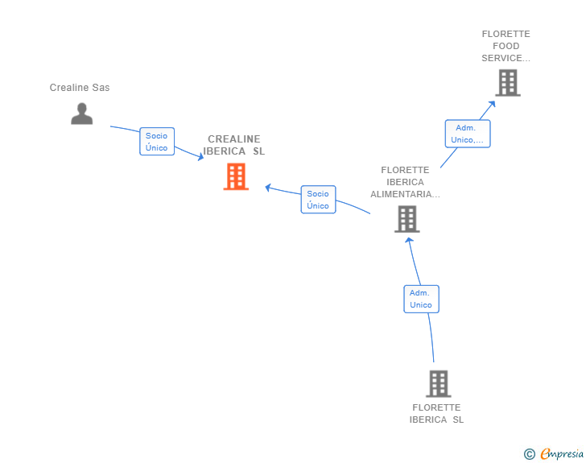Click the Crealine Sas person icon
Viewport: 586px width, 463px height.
[82, 114]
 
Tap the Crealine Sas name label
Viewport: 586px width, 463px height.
[80, 88]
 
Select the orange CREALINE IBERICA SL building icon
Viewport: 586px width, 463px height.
[236, 176]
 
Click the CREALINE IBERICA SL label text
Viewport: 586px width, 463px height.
[234, 145]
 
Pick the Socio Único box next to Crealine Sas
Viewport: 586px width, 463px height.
[157, 142]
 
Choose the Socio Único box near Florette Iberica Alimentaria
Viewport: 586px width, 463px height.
[319, 200]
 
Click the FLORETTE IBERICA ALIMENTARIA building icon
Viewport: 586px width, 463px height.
[407, 219]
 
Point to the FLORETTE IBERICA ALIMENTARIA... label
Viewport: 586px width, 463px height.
[405, 182]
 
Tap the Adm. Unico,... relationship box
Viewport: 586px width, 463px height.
[468, 134]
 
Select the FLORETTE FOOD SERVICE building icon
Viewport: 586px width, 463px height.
[508, 83]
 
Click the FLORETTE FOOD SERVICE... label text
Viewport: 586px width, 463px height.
[506, 46]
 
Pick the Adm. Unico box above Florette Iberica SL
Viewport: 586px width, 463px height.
[421, 299]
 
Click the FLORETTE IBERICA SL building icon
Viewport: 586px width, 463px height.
[439, 384]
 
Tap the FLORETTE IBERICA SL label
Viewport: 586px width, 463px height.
[436, 413]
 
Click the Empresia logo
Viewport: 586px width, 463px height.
[562, 454]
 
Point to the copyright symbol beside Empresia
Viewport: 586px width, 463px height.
[530, 454]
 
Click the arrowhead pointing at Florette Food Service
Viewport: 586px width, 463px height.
[492, 104]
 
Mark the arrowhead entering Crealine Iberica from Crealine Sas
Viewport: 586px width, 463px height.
[200, 157]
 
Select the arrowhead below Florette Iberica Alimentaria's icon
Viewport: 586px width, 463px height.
[409, 241]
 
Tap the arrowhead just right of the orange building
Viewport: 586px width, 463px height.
[268, 188]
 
